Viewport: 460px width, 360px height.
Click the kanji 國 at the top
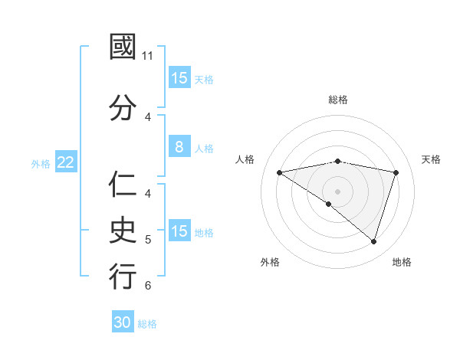tap(123, 48)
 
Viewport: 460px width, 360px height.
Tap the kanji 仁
tap(123, 185)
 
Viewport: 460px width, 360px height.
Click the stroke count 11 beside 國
tap(148, 56)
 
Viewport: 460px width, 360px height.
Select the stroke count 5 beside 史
tap(148, 239)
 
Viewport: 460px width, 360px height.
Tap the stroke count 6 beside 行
tap(148, 285)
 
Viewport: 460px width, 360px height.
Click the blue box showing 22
tap(66, 162)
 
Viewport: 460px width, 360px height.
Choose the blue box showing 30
tap(123, 322)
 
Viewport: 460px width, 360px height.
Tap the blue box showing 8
tap(179, 147)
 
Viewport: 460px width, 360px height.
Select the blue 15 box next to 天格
tap(179, 78)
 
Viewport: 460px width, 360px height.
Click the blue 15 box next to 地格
tap(179, 231)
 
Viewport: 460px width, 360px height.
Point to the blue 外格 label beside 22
tap(41, 163)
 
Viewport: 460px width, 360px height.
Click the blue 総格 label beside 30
tap(147, 324)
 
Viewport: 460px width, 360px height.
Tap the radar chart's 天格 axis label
tap(432, 159)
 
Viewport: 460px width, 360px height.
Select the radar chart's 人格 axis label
tap(245, 159)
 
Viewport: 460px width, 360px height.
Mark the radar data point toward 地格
tap(373, 241)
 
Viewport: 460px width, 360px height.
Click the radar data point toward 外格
tap(329, 204)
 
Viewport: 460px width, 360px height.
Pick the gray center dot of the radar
tap(337, 190)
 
